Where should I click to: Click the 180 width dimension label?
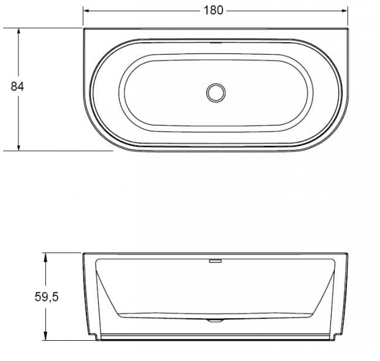coord(213,10)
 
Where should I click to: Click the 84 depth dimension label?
coord(17,86)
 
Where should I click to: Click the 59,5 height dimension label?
coord(47,297)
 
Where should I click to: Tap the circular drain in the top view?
coord(216,93)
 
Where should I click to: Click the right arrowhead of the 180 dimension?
coord(344,10)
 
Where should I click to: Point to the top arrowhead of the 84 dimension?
coord(18,32)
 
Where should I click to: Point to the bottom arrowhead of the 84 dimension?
coord(18,147)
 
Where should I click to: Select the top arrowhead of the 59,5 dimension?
coord(45,257)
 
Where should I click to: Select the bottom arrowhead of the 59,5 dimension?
coord(45,336)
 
